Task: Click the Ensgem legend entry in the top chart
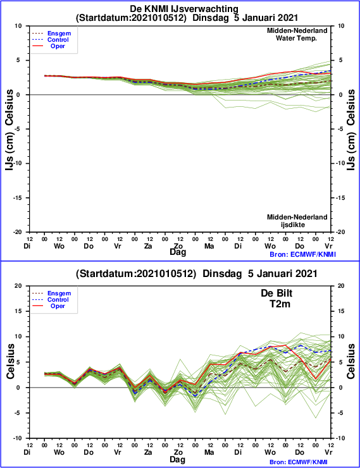click(x=59, y=34)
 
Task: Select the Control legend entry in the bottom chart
click(x=58, y=300)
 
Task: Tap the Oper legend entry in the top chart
click(x=58, y=46)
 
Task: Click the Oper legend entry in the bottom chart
click(x=58, y=306)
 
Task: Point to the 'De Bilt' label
click(x=276, y=293)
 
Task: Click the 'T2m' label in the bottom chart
click(x=280, y=304)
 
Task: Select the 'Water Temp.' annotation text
click(x=296, y=38)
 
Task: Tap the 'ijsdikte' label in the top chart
click(x=293, y=225)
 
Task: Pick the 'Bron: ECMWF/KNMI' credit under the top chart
click(x=302, y=254)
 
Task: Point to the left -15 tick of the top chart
click(x=18, y=198)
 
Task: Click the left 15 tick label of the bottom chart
click(x=19, y=311)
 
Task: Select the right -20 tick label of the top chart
click(x=340, y=232)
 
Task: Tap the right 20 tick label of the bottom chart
click(x=340, y=286)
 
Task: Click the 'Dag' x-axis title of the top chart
click(x=178, y=252)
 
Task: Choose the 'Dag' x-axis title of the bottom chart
click(x=178, y=459)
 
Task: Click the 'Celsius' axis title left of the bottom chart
click(x=10, y=362)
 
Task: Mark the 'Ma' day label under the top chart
click(x=209, y=246)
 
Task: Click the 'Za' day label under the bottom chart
click(x=148, y=452)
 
